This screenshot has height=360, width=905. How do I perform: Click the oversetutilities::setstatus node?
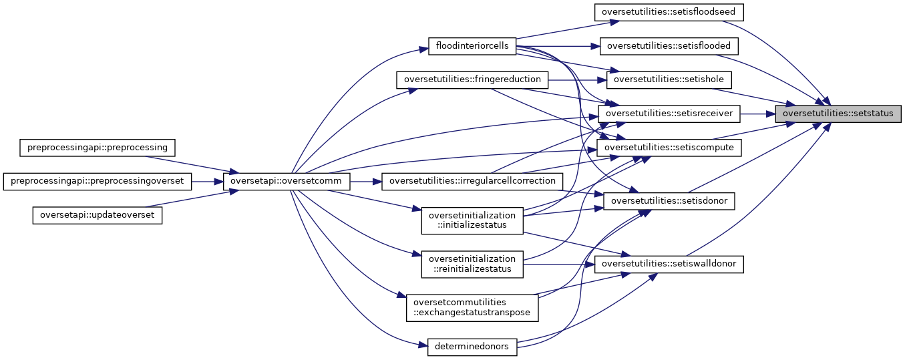tap(838, 114)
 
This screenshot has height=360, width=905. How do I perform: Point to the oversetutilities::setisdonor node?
tap(669, 200)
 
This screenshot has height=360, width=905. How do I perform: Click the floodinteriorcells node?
tap(472, 46)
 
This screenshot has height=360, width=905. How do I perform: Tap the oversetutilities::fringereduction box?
tap(472, 79)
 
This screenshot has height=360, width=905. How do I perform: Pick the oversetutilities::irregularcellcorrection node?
tap(472, 181)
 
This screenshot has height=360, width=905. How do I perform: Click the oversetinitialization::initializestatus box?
tap(472, 220)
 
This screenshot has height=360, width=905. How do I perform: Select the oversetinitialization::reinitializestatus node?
tap(472, 264)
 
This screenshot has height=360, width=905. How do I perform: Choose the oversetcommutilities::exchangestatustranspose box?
tap(472, 307)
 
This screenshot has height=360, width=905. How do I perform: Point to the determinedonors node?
tap(472, 346)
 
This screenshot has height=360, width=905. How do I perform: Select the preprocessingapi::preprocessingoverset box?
tap(98, 181)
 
